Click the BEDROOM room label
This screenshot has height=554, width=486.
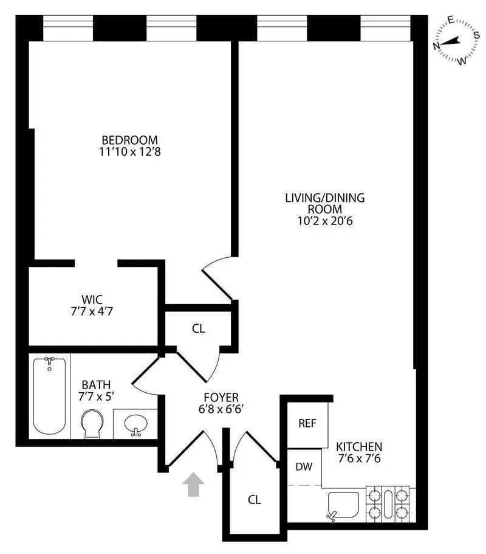pos(129,139)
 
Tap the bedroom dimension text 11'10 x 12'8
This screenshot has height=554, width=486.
pos(129,151)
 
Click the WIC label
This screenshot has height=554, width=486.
pos(92,299)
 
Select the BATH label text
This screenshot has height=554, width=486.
pos(96,384)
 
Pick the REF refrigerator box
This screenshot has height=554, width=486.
pos(307,423)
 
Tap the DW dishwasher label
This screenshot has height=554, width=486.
pos(304,467)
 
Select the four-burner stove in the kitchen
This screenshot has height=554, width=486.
pos(388,504)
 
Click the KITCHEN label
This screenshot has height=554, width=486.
pos(359,446)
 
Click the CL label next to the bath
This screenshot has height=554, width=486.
pos(198,328)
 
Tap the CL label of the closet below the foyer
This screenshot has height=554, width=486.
pos(254,500)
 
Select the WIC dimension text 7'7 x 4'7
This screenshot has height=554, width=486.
pos(92,311)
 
